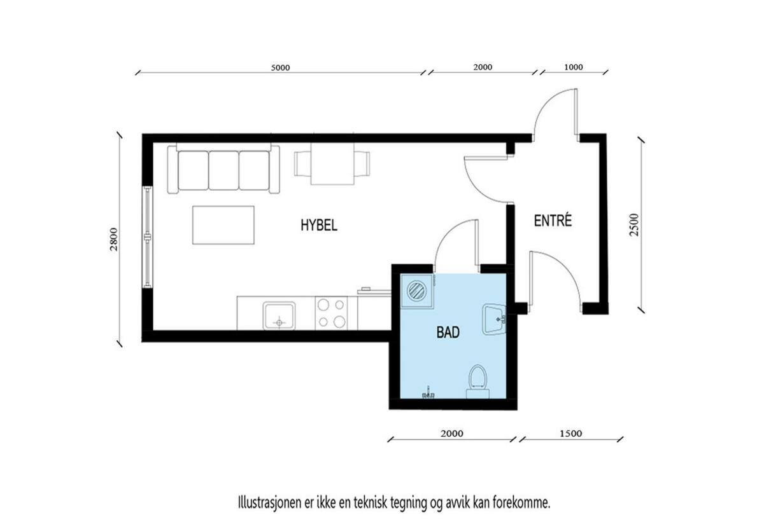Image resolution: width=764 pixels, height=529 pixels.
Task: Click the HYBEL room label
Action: [319, 225]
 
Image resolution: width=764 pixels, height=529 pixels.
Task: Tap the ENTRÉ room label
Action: [553, 221]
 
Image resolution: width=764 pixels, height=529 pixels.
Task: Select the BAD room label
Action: [448, 332]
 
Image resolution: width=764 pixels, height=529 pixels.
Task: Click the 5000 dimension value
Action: [280, 68]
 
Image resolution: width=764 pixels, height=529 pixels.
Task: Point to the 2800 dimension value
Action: [113, 239]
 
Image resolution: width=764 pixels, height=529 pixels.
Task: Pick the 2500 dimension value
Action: [634, 224]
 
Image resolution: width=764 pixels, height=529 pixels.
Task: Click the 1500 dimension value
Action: [570, 434]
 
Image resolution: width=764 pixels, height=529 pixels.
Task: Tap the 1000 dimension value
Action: [574, 67]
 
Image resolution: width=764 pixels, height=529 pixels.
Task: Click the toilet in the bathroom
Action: [478, 382]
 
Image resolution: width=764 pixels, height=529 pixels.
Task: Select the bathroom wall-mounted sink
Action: [494, 319]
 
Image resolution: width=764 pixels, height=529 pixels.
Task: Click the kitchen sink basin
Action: [279, 315]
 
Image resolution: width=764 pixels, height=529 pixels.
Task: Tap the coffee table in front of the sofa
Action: [223, 225]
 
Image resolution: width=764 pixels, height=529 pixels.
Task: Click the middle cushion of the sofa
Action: [223, 170]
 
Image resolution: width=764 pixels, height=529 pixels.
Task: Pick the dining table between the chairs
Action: [332, 163]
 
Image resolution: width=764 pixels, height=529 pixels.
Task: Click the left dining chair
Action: [302, 164]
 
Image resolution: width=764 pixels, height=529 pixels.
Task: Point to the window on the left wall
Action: [147, 237]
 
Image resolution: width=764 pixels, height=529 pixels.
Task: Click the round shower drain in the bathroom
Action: [417, 291]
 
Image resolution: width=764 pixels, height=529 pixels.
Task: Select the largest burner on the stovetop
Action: [339, 321]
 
